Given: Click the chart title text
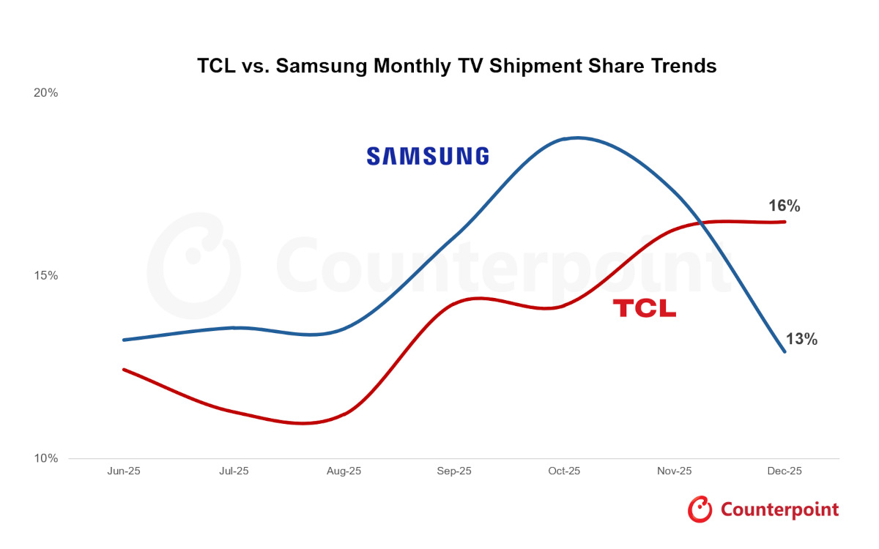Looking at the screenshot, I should coord(456,66).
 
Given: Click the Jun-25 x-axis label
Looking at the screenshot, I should coord(123,471).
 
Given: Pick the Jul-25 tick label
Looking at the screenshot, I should coord(233,471).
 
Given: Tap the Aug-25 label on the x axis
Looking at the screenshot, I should coord(344,471).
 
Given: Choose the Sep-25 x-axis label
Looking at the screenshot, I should coord(454,471).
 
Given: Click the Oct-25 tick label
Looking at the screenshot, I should coord(564,471).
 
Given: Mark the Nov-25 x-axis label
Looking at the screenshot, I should coord(674,471).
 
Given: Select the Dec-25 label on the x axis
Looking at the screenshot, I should coord(785,471).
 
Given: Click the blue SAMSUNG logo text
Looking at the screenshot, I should coord(427,156).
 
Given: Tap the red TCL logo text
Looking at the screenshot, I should coord(644,308).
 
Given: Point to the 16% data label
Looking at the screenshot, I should coord(784,206).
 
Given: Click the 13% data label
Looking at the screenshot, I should coord(801,340).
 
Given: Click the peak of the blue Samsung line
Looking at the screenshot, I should coord(577,138).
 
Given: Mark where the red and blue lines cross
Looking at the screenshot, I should coord(702,222).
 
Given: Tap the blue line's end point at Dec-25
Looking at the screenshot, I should coord(785,351).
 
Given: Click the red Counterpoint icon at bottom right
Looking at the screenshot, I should coord(700,509).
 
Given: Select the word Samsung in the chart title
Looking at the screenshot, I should coord(322,66).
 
